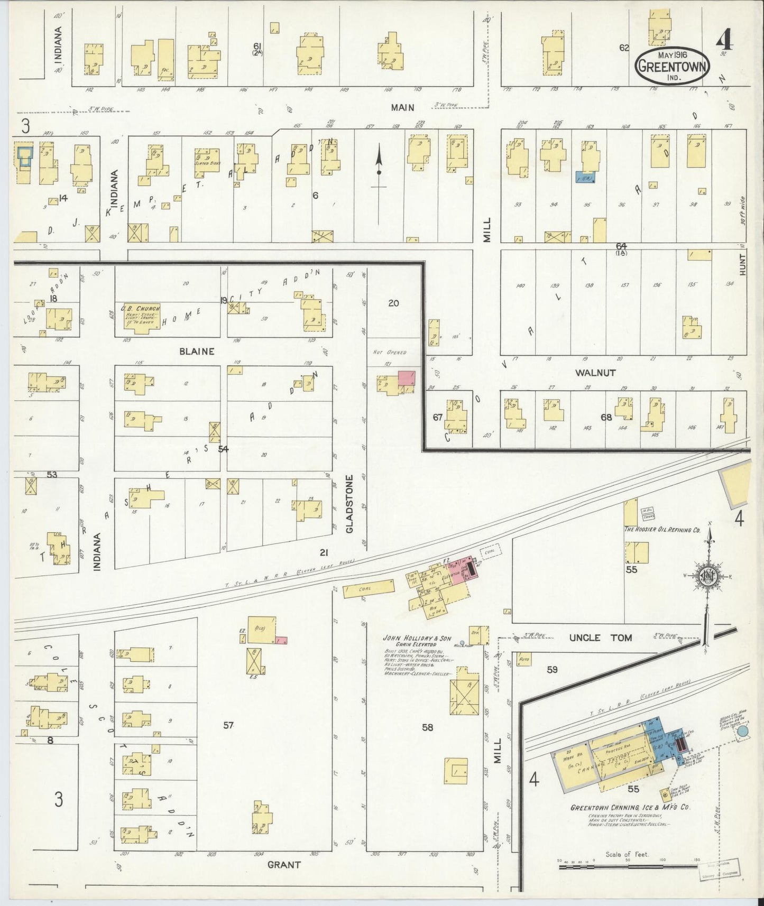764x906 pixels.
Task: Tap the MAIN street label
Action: [402, 107]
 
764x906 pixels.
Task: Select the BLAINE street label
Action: [197, 351]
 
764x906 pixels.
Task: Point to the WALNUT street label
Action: [595, 373]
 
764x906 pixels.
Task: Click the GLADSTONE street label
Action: [349, 503]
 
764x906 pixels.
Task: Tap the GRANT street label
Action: [284, 865]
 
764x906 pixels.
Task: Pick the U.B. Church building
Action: [139, 318]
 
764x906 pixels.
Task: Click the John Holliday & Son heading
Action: [417, 639]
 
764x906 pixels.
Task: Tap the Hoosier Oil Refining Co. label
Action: [662, 529]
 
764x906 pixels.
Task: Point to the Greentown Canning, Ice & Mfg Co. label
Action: [630, 807]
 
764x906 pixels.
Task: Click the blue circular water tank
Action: [742, 732]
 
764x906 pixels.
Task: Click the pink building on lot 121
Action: [406, 378]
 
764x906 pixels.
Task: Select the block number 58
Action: [427, 727]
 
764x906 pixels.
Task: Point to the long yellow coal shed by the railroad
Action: [369, 589]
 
